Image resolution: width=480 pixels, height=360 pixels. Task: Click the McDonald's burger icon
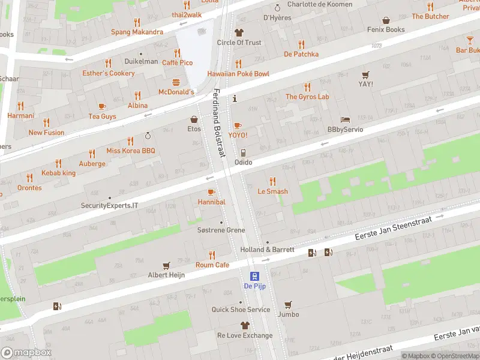[x=176, y=82]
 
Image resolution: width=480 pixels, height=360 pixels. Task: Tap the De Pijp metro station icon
[x=256, y=276]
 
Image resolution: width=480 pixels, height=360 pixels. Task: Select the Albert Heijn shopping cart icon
[x=167, y=265]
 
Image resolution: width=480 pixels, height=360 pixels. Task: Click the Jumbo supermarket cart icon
[x=288, y=304]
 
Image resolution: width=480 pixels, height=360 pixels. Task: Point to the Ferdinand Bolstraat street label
[x=219, y=123]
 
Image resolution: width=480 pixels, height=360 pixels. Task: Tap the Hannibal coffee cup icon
[x=211, y=192]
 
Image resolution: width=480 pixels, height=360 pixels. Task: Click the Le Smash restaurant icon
[x=272, y=181]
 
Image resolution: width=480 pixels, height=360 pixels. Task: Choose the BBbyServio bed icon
[x=345, y=120]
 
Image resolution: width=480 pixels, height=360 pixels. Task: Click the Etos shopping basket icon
[x=194, y=119]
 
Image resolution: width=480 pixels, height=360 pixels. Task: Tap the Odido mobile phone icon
[x=243, y=153]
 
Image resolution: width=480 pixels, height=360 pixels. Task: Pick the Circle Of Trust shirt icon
[x=239, y=32]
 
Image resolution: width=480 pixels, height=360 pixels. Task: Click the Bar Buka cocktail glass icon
[x=469, y=40]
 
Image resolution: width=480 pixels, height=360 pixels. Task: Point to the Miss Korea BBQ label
[x=131, y=151]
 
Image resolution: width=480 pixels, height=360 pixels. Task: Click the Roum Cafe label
[x=212, y=265]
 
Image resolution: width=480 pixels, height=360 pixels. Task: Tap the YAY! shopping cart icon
[x=365, y=74]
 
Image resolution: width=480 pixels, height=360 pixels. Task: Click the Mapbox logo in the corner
[x=26, y=353]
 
